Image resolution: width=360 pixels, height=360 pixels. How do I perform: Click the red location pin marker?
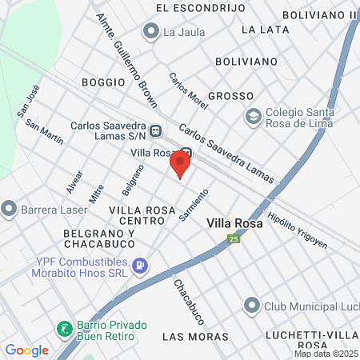click(x=180, y=166)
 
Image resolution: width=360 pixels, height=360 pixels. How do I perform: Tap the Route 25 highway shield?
click(x=234, y=239)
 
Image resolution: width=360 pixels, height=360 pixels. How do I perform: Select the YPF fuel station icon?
click(x=141, y=264)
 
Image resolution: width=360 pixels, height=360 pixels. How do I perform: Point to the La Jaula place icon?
click(x=150, y=32)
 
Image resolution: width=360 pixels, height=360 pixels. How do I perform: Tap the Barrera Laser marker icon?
click(x=9, y=210)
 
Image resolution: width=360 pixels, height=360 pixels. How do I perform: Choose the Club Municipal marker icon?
click(x=253, y=306)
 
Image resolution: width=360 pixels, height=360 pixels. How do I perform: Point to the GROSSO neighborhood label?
click(x=230, y=96)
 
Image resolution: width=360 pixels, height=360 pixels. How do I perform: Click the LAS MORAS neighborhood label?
click(x=195, y=337)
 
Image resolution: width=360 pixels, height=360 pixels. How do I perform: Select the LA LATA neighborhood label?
click(x=264, y=30)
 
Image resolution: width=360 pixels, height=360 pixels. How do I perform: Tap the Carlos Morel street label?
click(x=188, y=91)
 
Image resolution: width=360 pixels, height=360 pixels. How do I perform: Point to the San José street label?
click(x=29, y=102)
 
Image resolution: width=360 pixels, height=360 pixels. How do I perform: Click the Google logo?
click(x=26, y=350)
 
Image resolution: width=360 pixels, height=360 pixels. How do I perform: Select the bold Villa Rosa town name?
click(x=234, y=224)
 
